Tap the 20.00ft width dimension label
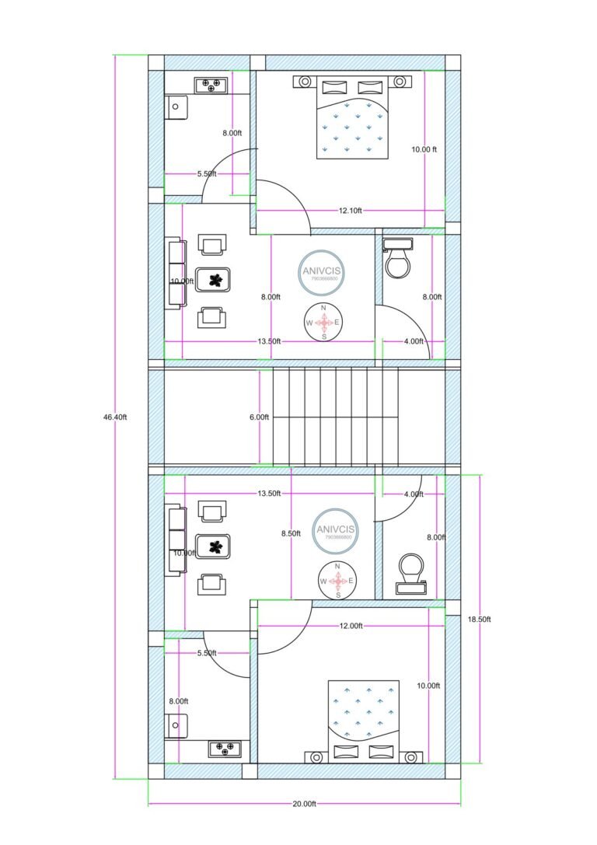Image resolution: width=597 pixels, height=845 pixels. [x=304, y=804]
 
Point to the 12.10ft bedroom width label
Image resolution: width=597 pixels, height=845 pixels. [x=351, y=211]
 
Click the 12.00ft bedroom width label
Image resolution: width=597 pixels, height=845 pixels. [x=351, y=626]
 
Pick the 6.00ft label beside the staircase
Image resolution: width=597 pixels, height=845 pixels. [x=259, y=417]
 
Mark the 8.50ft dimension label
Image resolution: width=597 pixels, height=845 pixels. [x=291, y=534]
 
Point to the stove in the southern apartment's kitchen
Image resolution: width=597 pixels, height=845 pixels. [x=224, y=749]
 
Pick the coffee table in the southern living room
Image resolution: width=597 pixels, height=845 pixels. [x=213, y=547]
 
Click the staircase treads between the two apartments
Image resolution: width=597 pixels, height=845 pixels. [x=335, y=417]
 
